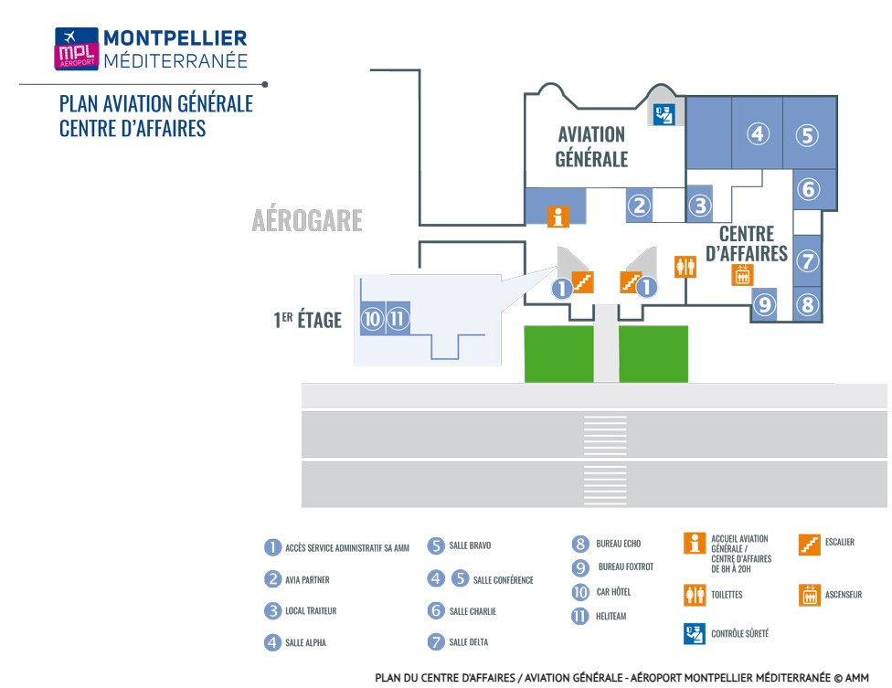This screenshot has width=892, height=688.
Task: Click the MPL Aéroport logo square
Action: point(76,49)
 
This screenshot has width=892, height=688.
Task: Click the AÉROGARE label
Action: point(307,220)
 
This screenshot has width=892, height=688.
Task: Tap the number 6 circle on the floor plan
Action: point(808,189)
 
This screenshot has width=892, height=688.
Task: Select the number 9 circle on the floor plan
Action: point(765,305)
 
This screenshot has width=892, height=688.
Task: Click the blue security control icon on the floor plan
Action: point(664,114)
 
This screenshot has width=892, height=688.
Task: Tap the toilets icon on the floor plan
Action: point(685,267)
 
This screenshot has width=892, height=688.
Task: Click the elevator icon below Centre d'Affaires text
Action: point(742,275)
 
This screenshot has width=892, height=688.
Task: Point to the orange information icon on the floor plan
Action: point(558,217)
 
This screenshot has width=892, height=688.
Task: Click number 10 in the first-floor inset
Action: point(372,318)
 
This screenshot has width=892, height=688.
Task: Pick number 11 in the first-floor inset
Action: point(398,318)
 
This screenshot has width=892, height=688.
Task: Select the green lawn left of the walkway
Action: point(558,354)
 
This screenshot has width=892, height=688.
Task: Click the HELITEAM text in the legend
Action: point(611,617)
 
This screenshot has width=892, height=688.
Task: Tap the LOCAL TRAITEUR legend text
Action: point(311,610)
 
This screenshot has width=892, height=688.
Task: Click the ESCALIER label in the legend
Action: point(840,542)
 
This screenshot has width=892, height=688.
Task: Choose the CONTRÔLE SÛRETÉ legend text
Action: point(739,633)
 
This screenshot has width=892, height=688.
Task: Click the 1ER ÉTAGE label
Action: point(307,320)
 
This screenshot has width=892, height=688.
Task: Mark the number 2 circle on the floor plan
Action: point(639,206)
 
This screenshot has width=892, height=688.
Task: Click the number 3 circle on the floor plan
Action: point(700,206)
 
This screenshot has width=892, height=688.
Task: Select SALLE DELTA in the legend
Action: point(469,642)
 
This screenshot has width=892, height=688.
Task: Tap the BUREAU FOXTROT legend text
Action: point(626,566)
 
